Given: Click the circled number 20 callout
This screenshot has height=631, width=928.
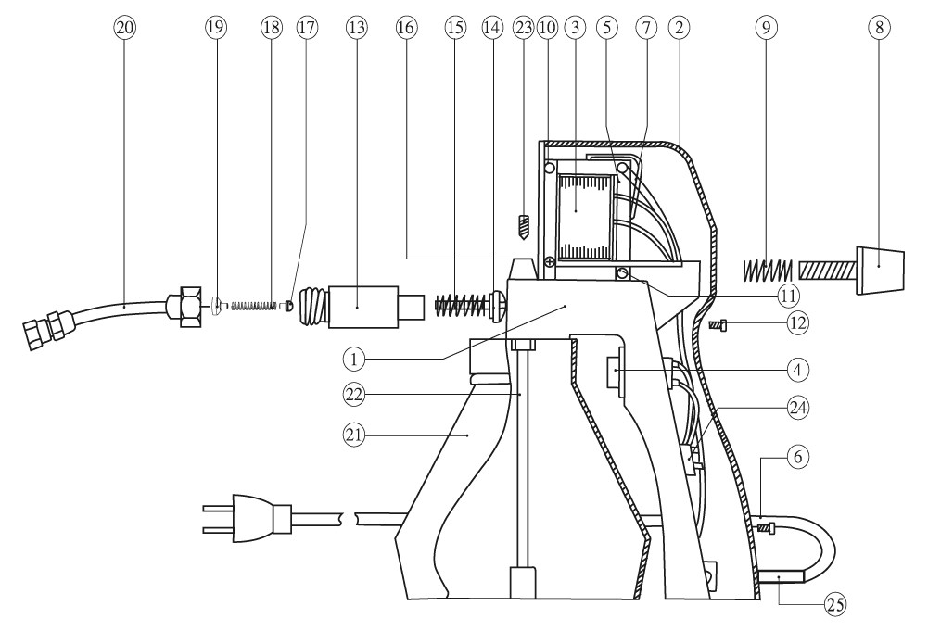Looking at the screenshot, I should (124, 28).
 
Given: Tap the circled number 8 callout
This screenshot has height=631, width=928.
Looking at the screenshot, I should (879, 28).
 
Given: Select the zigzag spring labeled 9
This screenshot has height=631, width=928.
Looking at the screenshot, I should (768, 270).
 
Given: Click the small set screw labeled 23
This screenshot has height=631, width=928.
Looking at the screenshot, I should (523, 224).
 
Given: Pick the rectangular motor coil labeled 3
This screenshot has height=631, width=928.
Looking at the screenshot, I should (585, 212).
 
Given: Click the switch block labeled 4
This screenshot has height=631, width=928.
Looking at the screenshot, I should (616, 372).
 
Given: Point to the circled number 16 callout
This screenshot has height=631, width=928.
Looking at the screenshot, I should (406, 28).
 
